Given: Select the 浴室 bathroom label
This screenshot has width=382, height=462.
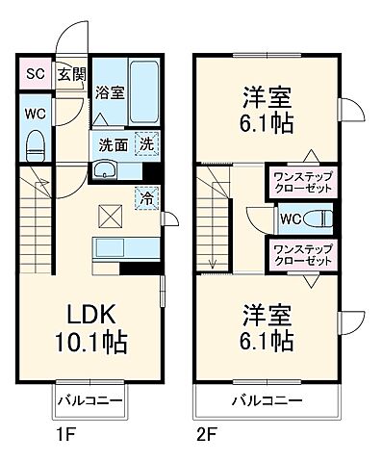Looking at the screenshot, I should (110, 93).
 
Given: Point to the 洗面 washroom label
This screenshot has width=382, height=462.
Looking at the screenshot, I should (110, 144).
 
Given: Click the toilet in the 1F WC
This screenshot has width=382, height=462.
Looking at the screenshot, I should (36, 144).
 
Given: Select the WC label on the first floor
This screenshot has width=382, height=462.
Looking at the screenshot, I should (34, 112).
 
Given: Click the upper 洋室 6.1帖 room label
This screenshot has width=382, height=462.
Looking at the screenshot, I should (267, 111).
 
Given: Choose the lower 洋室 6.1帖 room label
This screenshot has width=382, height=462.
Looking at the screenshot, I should (267, 327).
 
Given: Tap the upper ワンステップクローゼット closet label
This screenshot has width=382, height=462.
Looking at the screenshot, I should (303, 183).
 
